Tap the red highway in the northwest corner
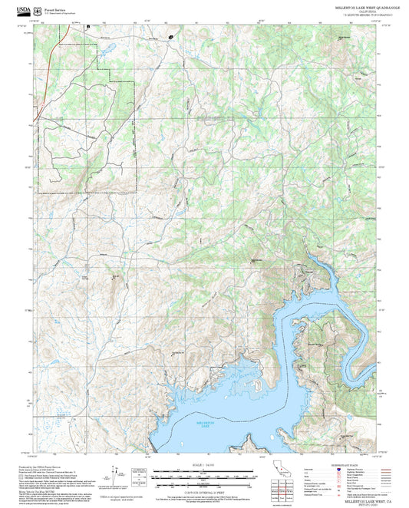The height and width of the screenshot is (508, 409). tap(48, 58)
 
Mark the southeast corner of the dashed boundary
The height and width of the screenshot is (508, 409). tap(136, 190)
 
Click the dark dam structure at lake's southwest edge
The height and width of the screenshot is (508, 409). tap(155, 444)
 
